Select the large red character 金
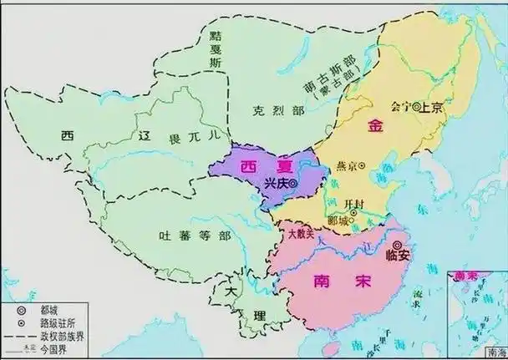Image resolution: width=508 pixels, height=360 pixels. pos(375,126)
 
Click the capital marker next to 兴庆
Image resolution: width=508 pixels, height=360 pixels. pos(294,182)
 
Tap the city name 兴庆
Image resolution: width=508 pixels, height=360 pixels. pos(275,182)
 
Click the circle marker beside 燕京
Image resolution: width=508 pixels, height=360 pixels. pos(362,166)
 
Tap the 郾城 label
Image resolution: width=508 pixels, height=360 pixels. pos(339,219)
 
